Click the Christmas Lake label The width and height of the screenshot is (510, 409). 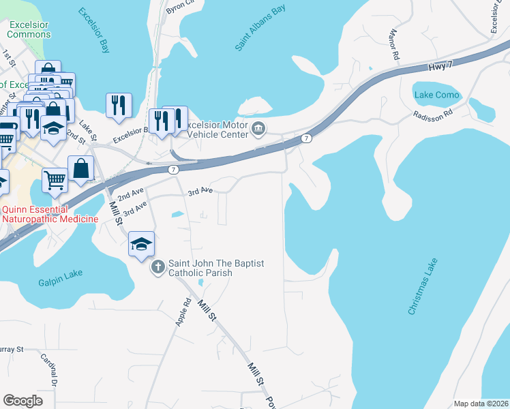coord(423,286)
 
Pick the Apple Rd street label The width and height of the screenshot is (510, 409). coord(182,312)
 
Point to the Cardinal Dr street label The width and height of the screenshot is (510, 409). coord(48,367)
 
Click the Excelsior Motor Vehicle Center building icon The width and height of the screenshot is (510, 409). coord(258,127)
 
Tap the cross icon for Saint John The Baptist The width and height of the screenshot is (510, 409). coord(157,267)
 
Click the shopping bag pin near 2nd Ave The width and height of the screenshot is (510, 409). coord(80,168)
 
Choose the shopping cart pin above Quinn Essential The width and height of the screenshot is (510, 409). coord(55,181)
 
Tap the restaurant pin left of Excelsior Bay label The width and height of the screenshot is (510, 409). coord(119,106)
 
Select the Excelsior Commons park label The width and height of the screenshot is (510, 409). coord(29,28)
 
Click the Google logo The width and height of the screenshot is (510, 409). coord(22,400)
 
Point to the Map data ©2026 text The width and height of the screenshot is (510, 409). coord(480,404)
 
